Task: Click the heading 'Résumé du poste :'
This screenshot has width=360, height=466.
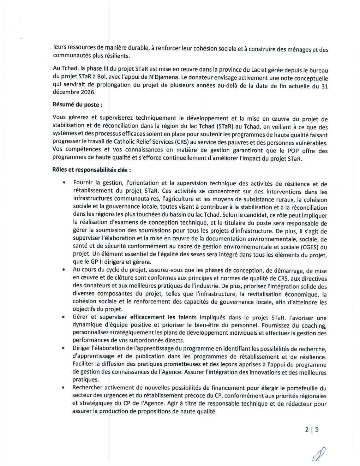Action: point(78,104)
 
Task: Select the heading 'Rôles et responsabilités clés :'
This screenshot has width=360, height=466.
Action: point(92,170)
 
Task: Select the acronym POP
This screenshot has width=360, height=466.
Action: point(289,151)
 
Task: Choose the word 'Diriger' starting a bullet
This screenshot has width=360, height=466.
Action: point(82,349)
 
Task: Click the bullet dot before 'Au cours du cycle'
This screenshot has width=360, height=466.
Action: point(64,271)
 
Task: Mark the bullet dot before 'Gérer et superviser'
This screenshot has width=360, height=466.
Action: point(64,317)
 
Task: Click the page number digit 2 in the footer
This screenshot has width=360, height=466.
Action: point(307,430)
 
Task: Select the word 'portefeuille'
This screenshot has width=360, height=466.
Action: point(302,388)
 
